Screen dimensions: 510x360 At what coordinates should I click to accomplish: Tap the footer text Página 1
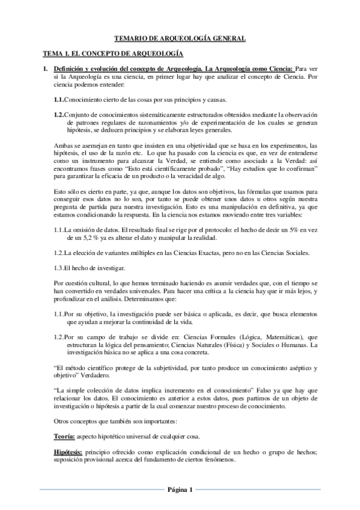(180, 488)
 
